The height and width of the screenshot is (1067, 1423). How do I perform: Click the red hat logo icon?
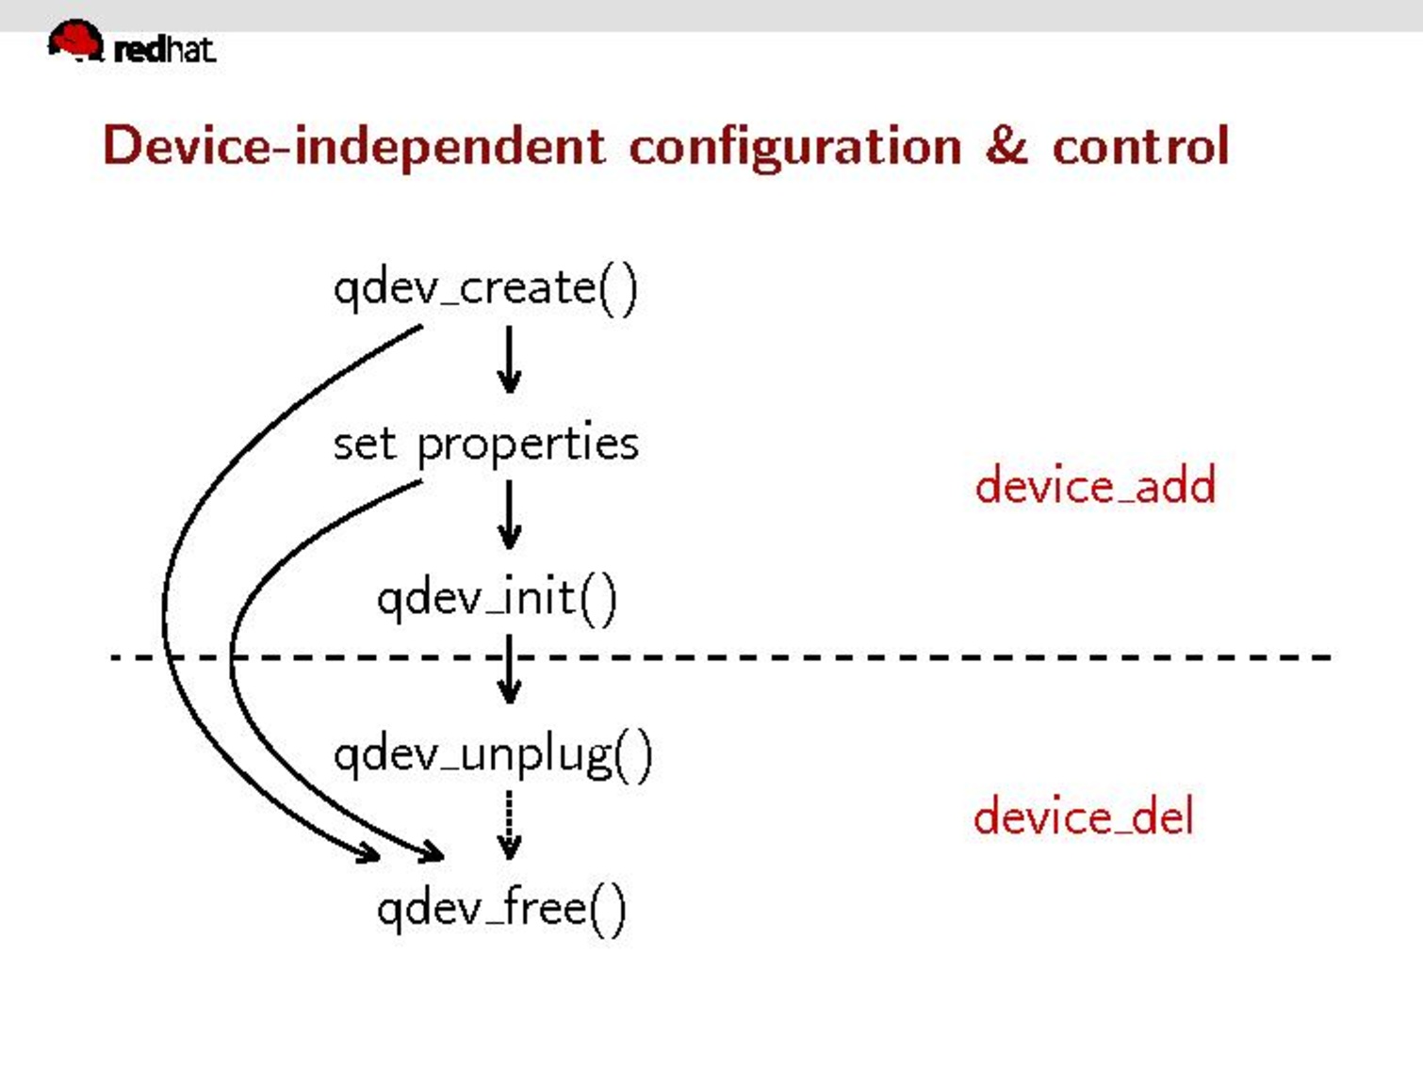[74, 41]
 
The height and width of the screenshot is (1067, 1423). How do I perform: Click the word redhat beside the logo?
[164, 48]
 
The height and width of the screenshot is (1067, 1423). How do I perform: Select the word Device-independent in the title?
[353, 147]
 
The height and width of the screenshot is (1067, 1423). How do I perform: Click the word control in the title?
[1140, 146]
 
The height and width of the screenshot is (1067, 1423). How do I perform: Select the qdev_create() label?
[485, 288]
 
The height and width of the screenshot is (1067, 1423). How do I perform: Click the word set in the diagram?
[364, 444]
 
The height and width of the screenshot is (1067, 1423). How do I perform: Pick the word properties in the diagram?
[528, 444]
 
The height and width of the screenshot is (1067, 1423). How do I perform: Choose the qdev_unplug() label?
[493, 755]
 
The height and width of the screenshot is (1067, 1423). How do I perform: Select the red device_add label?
[1095, 487]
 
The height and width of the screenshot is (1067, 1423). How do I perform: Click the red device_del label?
[1084, 816]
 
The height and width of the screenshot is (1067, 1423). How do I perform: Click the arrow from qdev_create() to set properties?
[509, 360]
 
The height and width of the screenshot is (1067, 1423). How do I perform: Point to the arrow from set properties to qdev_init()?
[509, 515]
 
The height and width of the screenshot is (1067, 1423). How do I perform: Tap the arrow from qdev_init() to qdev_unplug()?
[509, 671]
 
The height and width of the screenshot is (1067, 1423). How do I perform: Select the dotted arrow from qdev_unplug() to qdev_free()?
[509, 825]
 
